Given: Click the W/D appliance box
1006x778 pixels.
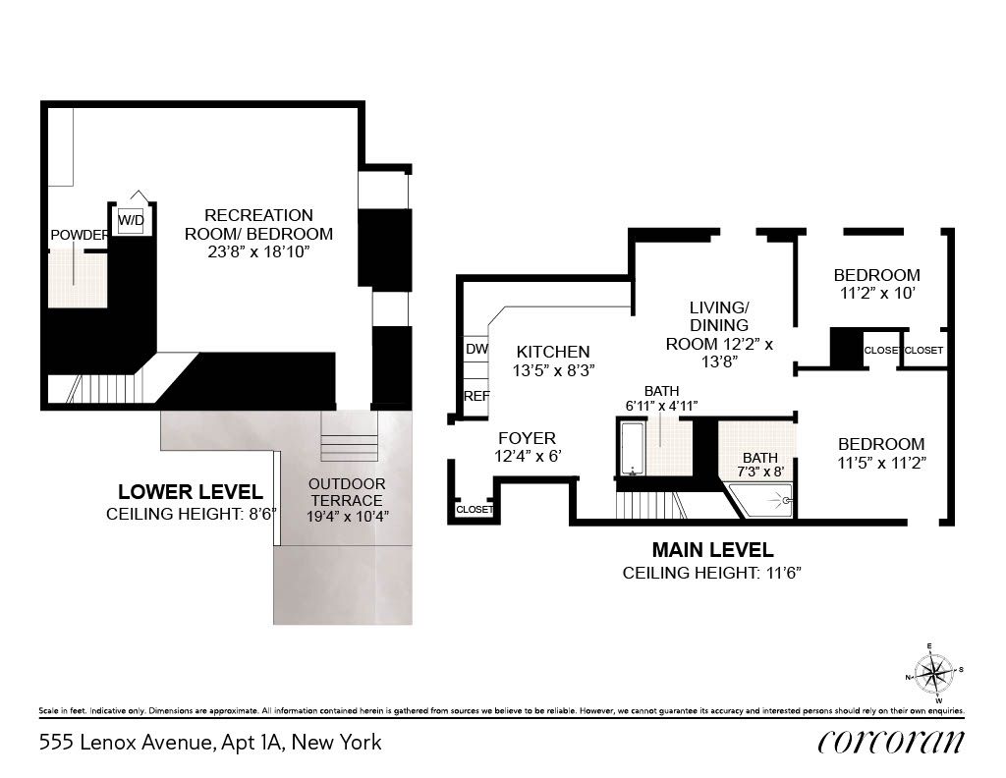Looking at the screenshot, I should [131, 221].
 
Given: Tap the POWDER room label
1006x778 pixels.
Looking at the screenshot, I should [78, 235].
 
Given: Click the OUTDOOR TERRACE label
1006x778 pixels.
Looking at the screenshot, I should [347, 492].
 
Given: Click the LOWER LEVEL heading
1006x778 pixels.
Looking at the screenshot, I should [191, 492].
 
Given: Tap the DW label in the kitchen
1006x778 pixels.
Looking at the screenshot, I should [476, 349].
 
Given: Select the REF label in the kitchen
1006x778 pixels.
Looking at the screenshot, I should [476, 396].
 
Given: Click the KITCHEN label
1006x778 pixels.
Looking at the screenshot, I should [553, 352].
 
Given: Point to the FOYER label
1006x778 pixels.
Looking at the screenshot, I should [528, 438].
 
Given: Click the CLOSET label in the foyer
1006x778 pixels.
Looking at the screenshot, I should [474, 509].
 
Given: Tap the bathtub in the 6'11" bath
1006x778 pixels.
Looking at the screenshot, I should [631, 448].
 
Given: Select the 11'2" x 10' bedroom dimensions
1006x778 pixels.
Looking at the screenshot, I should [876, 293].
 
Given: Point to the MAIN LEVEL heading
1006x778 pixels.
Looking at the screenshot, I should [712, 550].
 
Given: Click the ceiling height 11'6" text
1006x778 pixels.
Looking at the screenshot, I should [712, 573].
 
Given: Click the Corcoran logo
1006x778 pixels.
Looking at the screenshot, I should [890, 742].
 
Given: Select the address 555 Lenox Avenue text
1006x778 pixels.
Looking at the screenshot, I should [209, 743].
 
